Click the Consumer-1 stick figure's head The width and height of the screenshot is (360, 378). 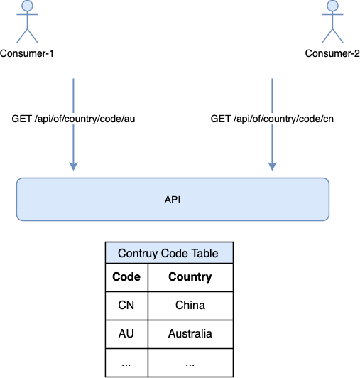pyautogui.click(x=27, y=6)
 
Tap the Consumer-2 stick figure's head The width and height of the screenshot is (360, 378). pyautogui.click(x=332, y=6)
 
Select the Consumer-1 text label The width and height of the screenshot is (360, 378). pyautogui.click(x=27, y=53)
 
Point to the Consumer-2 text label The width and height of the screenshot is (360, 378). pyautogui.click(x=332, y=53)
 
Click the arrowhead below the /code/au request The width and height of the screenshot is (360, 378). pyautogui.click(x=74, y=166)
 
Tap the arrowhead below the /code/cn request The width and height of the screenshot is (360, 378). pyautogui.click(x=272, y=166)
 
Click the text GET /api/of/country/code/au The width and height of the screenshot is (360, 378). pyautogui.click(x=73, y=119)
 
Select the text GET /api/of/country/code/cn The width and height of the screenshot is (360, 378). pyautogui.click(x=272, y=119)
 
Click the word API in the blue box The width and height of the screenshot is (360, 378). pyautogui.click(x=173, y=200)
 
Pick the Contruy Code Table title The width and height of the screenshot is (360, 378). pyautogui.click(x=168, y=253)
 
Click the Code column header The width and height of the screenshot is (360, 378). pyautogui.click(x=126, y=276)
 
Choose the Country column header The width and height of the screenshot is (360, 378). pyautogui.click(x=190, y=277)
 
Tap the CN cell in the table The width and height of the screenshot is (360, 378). pyautogui.click(x=126, y=305)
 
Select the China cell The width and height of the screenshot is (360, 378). pyautogui.click(x=190, y=305)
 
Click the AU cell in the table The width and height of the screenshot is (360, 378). pyautogui.click(x=126, y=333)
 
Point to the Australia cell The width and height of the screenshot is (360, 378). pyautogui.click(x=190, y=333)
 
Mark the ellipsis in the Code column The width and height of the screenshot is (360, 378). pyautogui.click(x=126, y=364)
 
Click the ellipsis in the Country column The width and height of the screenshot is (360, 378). pyautogui.click(x=190, y=364)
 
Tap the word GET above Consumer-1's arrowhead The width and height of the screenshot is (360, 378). pyautogui.click(x=22, y=119)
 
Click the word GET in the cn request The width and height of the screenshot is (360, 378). pyautogui.click(x=221, y=119)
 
